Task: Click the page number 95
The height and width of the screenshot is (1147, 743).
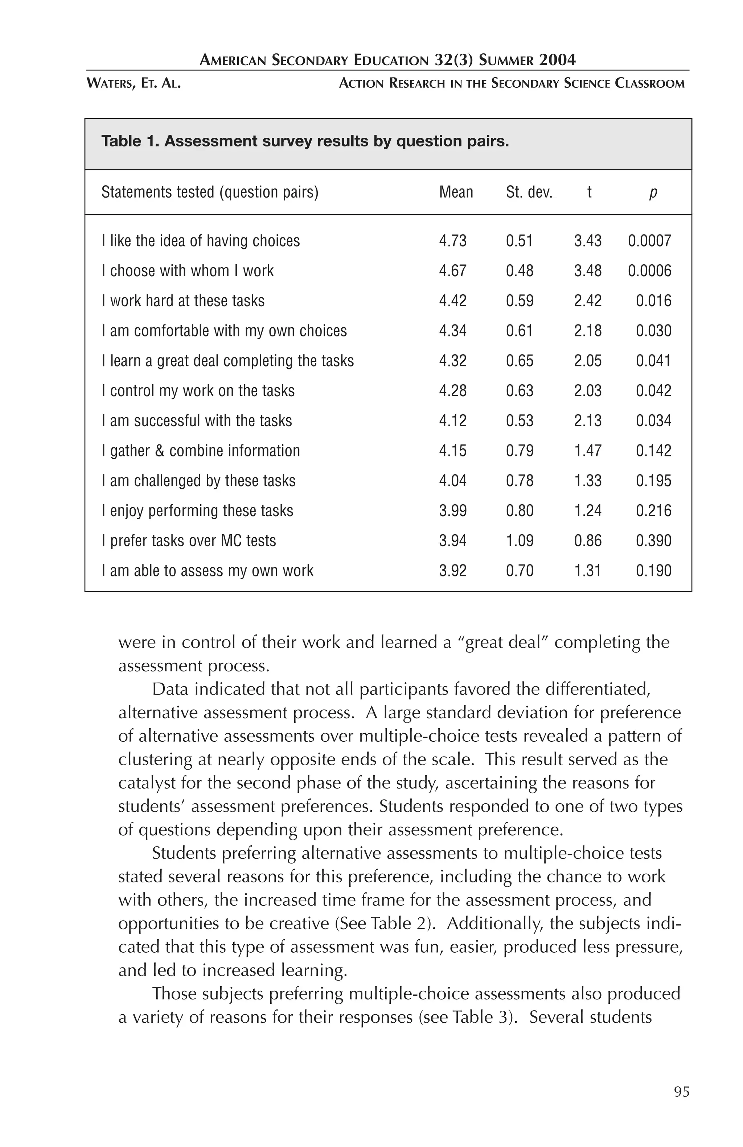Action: pyautogui.click(x=681, y=1092)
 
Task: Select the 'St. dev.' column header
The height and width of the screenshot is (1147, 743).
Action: pyautogui.click(x=529, y=192)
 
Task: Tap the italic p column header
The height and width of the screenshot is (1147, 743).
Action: pyautogui.click(x=653, y=192)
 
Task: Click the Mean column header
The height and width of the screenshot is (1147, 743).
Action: pyautogui.click(x=456, y=192)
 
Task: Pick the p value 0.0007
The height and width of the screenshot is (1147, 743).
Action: pyautogui.click(x=649, y=240)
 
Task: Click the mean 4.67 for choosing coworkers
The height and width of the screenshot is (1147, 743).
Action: pyautogui.click(x=452, y=270)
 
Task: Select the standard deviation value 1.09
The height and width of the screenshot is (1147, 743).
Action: pyautogui.click(x=519, y=540)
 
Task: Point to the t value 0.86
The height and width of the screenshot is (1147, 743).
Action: pyautogui.click(x=587, y=540)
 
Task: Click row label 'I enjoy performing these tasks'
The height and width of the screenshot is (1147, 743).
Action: pyautogui.click(x=197, y=510)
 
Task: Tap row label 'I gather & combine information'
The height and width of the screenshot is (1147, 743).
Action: pyautogui.click(x=201, y=451)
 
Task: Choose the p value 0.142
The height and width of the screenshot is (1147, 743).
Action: pyautogui.click(x=653, y=451)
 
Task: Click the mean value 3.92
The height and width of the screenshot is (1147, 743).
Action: pyautogui.click(x=452, y=571)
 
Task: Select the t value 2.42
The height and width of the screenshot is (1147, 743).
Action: pyautogui.click(x=587, y=301)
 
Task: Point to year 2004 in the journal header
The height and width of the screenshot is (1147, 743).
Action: pyautogui.click(x=557, y=60)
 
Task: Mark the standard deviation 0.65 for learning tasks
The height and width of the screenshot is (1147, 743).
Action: pyautogui.click(x=519, y=360)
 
